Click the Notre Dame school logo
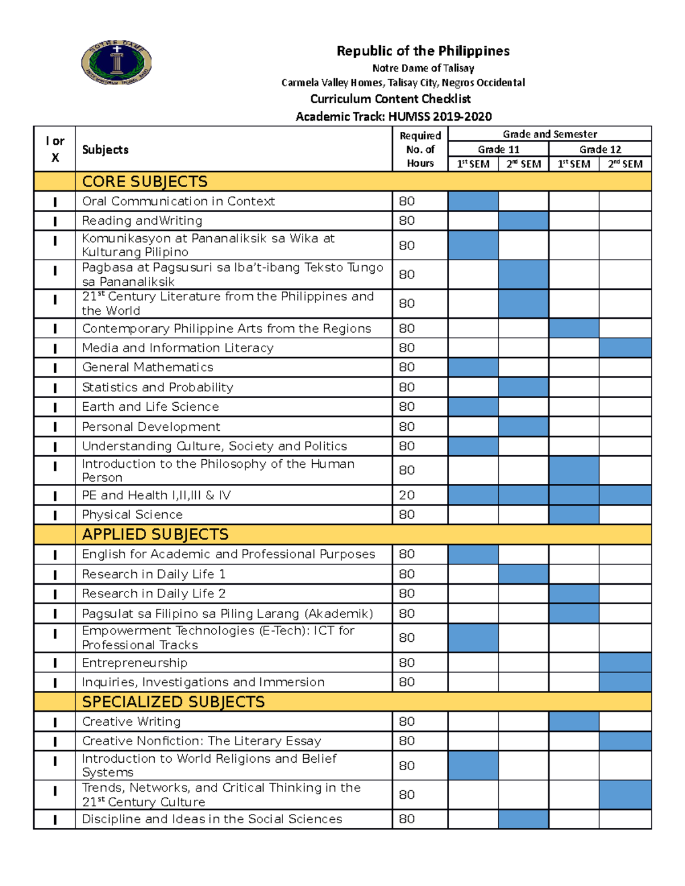116,62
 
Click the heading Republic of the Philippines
422,51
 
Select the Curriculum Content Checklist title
390,99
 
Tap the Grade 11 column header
498,149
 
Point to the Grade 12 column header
600,149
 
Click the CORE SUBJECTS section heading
145,181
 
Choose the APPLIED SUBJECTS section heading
155,535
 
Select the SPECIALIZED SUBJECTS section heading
174,702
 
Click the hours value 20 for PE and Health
407,495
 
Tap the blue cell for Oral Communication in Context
473,201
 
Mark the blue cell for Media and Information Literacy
625,348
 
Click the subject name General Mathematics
148,367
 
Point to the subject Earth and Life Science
151,407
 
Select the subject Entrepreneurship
135,663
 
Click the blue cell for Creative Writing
574,722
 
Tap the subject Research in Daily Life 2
154,594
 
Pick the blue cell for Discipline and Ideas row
523,819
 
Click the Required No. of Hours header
420,149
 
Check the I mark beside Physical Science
55,515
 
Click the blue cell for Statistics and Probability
523,387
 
